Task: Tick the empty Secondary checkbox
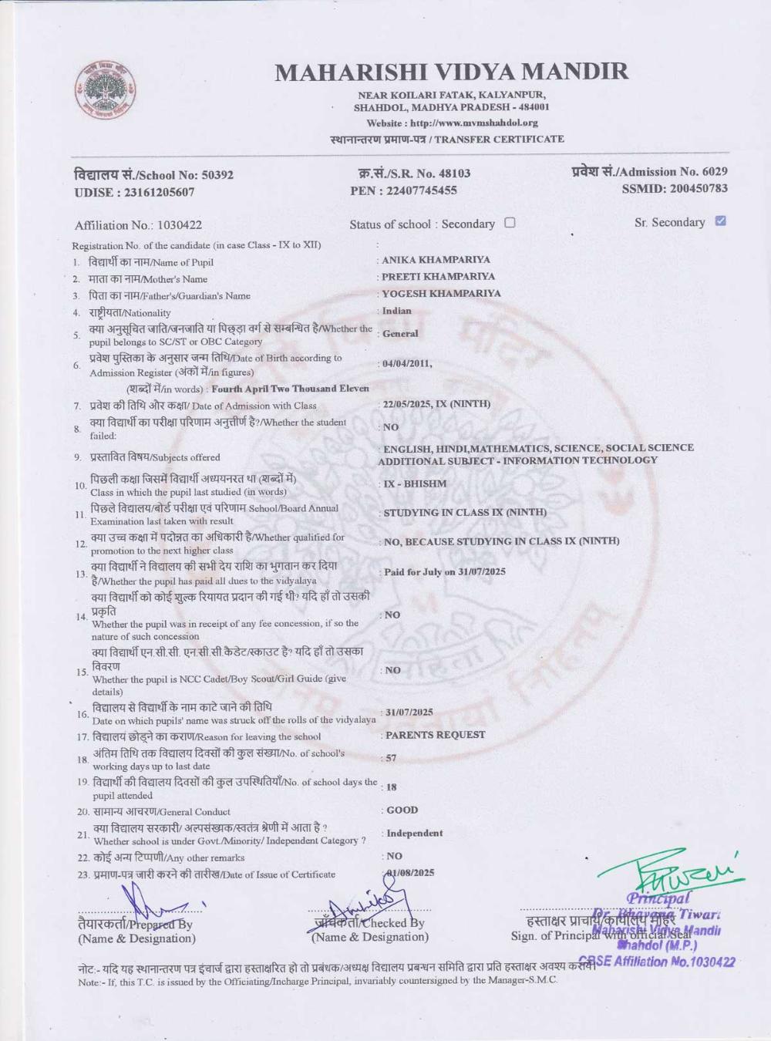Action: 510,223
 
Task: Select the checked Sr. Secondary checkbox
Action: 720,221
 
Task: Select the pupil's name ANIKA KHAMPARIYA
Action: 436,260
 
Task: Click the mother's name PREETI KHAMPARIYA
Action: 439,276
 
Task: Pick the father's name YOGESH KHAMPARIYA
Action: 441,293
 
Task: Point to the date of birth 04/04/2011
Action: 406,364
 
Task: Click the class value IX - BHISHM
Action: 415,483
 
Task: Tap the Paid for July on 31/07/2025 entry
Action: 445,571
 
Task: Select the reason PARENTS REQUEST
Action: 435,735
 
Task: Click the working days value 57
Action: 391,758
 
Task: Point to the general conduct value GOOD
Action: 402,810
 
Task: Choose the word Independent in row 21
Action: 414,833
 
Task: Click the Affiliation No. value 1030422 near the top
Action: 179,225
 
